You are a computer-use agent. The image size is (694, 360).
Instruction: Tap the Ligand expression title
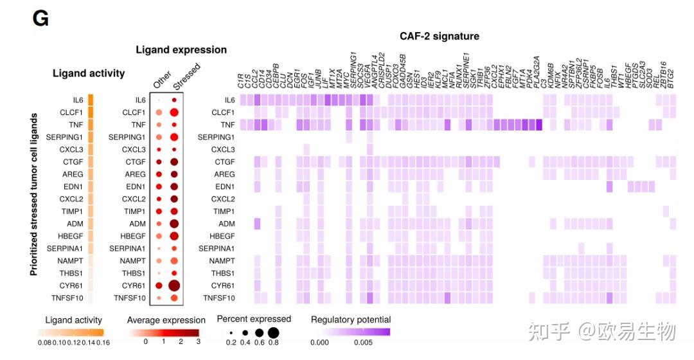click(181, 50)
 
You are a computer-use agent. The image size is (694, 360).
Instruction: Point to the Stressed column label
click(187, 76)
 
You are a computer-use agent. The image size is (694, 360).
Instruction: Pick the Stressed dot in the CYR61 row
click(173, 285)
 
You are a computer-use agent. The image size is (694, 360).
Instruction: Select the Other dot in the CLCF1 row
click(159, 113)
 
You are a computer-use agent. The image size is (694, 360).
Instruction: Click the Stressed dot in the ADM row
click(173, 224)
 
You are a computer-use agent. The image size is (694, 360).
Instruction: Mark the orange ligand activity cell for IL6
click(91, 100)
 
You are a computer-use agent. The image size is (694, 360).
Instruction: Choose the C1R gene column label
click(241, 82)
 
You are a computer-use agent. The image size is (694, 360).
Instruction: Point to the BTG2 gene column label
click(672, 79)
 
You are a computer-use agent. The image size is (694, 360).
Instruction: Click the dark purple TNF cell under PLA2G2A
click(538, 125)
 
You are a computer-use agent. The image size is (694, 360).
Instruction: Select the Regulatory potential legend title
click(351, 319)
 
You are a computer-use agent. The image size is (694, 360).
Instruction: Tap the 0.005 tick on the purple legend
click(363, 343)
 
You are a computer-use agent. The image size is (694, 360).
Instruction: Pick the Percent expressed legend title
click(254, 319)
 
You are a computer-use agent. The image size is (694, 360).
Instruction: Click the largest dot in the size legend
click(273, 333)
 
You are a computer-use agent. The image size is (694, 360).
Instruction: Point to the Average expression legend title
click(166, 320)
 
